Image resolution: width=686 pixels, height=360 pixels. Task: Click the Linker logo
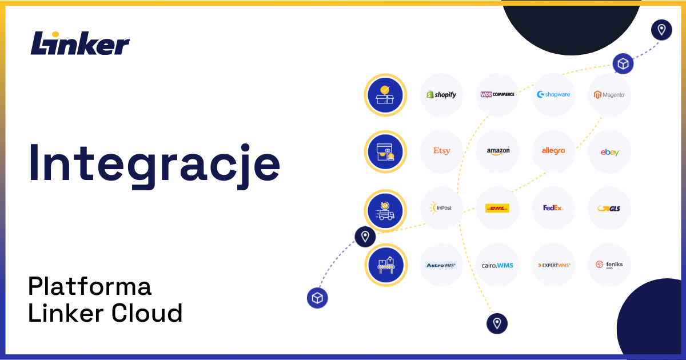pos(80,43)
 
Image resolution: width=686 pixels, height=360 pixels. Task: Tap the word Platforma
pos(90,286)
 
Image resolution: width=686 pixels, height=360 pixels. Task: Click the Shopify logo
pos(441,94)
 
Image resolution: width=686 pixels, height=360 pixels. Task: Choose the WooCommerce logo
pos(497,94)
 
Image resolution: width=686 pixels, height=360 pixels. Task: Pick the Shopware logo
pos(553,94)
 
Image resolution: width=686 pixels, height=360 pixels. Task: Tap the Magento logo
pos(609,94)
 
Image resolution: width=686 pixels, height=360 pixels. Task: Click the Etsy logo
pos(441,151)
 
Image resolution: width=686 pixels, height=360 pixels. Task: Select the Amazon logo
pos(497,151)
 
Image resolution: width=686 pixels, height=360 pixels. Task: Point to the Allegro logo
pos(553,151)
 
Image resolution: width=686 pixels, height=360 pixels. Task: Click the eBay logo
pos(609,152)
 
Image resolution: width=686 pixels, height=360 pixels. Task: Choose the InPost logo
pos(441,207)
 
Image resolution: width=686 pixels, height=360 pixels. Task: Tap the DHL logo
pos(497,208)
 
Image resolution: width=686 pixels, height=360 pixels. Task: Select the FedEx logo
pos(553,207)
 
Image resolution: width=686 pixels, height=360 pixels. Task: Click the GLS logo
pos(609,208)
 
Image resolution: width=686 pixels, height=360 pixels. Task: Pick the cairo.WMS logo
pos(497,265)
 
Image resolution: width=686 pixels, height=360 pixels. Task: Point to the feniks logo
pos(609,265)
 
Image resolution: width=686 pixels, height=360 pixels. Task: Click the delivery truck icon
pos(385,210)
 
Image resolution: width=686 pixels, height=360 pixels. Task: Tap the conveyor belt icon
pos(385,265)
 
